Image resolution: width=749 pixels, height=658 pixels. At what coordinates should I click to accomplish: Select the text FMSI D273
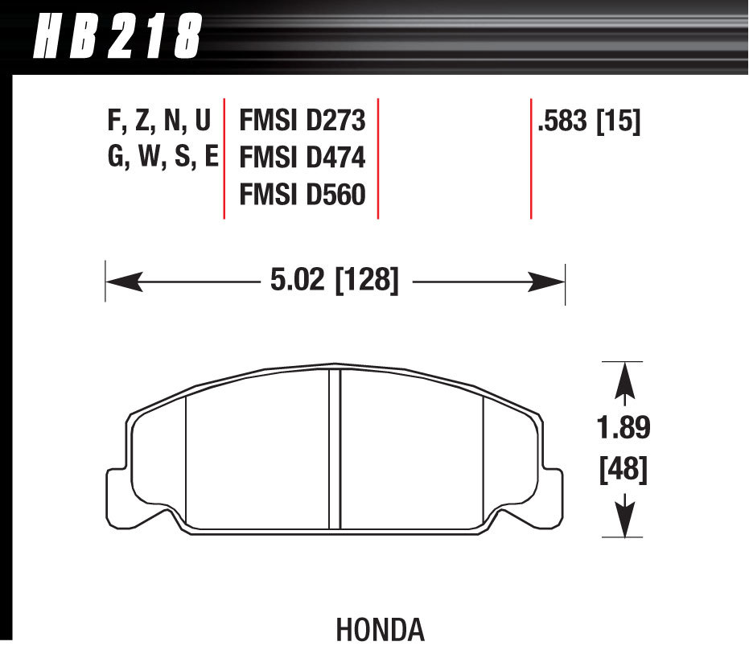coord(302,121)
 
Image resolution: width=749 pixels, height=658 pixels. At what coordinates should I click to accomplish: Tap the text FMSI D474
coord(302,158)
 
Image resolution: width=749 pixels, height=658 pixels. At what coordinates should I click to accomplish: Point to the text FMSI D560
coord(302,195)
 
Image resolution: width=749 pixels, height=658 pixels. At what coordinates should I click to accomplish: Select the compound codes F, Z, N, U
coord(158,121)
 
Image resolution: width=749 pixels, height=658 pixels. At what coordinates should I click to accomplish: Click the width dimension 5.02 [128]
coord(331,282)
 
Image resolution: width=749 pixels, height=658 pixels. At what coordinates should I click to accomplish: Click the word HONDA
coord(380,630)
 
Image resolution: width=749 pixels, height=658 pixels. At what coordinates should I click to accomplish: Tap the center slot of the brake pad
coord(335,450)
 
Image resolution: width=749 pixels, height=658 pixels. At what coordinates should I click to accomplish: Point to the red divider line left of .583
coord(531,158)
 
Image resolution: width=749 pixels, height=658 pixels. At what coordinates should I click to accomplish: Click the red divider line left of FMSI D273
coord(224,158)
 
